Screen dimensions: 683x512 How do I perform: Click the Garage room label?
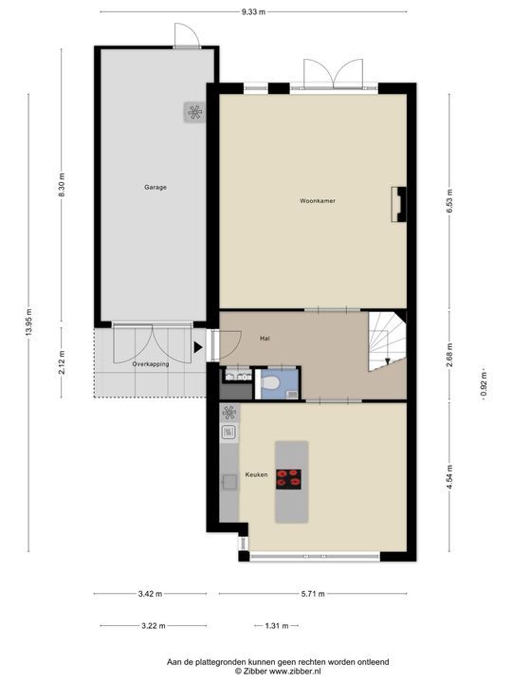point(155,187)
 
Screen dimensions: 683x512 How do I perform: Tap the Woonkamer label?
point(318,201)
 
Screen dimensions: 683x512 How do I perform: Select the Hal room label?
point(265,337)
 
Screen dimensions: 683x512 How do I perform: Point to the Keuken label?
point(256,474)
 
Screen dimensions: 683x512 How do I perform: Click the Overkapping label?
point(150,363)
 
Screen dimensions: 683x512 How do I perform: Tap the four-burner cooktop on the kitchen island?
point(290,479)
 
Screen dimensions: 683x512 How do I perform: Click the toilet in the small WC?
point(271,382)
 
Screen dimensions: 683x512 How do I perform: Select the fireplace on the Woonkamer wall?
point(401,203)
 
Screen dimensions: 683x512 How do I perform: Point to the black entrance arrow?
point(198,347)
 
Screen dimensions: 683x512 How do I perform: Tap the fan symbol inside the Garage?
point(194,113)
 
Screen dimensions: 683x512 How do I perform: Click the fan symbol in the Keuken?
point(229,413)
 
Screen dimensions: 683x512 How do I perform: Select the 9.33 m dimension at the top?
point(251,11)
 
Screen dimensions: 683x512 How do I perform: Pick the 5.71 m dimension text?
point(312,594)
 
